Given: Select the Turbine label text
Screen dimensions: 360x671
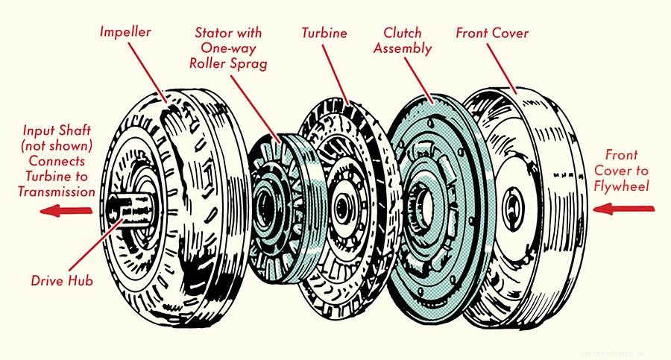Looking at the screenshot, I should pyautogui.click(x=325, y=34).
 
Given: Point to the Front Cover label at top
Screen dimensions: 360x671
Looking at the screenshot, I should pyautogui.click(x=494, y=34).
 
